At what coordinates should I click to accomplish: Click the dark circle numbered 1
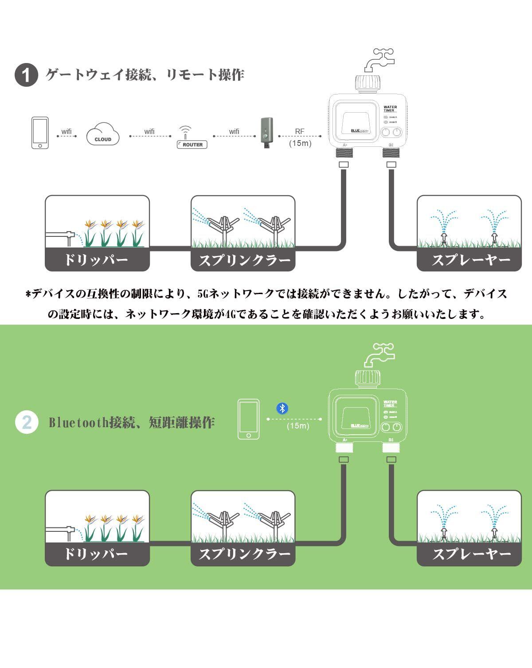coord(26,75)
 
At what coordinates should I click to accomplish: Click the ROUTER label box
coord(192,145)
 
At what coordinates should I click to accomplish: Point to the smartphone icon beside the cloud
coord(40,133)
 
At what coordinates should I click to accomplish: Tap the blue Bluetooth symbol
coord(282,408)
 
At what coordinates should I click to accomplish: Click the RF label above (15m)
coord(300,131)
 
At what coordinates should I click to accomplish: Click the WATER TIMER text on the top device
coord(390,109)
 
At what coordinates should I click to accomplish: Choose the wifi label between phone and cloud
coord(66,131)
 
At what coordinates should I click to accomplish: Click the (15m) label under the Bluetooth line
coord(298,426)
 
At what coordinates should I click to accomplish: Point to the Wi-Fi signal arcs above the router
coord(185,130)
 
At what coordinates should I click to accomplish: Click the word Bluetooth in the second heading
coord(79,422)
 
